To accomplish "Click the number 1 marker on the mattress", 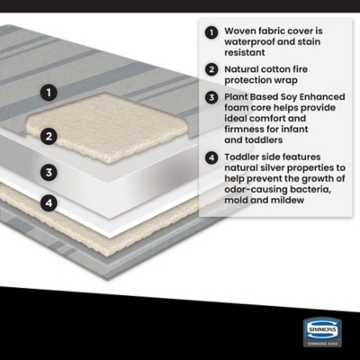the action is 49,92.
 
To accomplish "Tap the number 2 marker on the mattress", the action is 49,137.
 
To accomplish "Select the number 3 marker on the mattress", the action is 49,172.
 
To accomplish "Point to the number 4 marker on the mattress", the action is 49,203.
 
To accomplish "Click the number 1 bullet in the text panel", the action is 211,32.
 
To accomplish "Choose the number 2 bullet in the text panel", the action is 211,69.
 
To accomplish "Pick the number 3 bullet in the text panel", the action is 211,97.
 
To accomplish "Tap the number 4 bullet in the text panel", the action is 211,157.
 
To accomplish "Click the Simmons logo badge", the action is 322,332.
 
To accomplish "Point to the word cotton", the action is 273,69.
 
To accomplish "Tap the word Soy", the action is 289,97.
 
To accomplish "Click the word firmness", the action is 244,130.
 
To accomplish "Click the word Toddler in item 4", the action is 242,157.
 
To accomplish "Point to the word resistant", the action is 245,52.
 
